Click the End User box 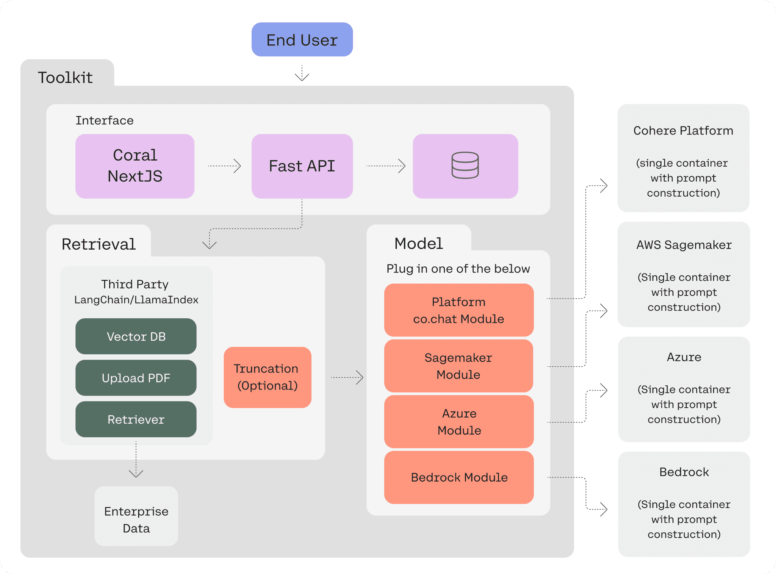(302, 40)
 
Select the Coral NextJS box (135, 166)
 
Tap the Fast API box (302, 166)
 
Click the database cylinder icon (465, 166)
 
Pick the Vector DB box (136, 336)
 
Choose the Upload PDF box (136, 378)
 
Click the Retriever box (136, 419)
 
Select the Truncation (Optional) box (268, 377)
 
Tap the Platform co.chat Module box (459, 310)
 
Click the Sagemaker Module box (458, 366)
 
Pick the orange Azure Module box (459, 422)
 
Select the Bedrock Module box (459, 477)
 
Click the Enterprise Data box (136, 519)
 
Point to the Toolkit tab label (65, 78)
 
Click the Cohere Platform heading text (683, 131)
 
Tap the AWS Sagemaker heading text (684, 245)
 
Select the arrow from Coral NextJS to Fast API (224, 166)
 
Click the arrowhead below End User (302, 77)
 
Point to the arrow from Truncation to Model (347, 377)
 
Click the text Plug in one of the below (458, 269)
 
